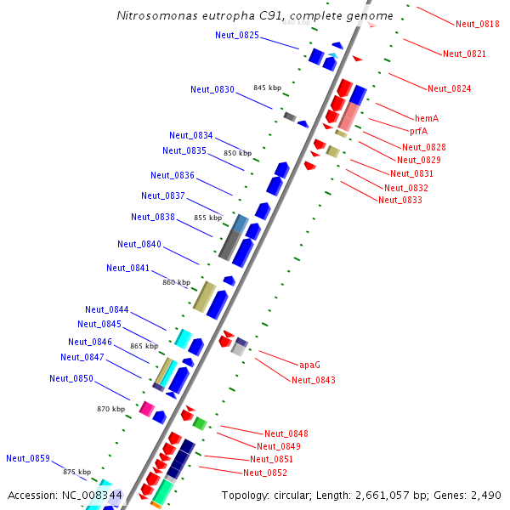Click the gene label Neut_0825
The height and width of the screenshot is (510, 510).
pyautogui.click(x=237, y=35)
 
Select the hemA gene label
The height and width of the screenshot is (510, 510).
pyautogui.click(x=427, y=118)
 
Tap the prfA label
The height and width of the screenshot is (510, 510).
pyautogui.click(x=418, y=131)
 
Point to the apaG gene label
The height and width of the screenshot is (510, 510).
pyautogui.click(x=309, y=365)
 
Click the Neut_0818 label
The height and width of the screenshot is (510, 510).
pyautogui.click(x=477, y=25)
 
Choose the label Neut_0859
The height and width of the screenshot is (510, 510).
pyautogui.click(x=28, y=458)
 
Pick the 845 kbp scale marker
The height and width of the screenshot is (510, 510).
pyautogui.click(x=266, y=88)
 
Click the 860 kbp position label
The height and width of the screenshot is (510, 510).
pyautogui.click(x=176, y=282)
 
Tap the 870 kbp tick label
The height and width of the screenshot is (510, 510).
pyautogui.click(x=110, y=409)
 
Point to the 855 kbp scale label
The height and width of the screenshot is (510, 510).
pyautogui.click(x=207, y=218)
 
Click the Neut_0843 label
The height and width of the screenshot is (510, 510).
pyautogui.click(x=314, y=380)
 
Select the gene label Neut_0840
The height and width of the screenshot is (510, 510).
pyautogui.click(x=139, y=244)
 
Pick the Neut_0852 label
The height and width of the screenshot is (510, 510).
pyautogui.click(x=265, y=473)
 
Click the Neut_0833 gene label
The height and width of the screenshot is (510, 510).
pyautogui.click(x=400, y=200)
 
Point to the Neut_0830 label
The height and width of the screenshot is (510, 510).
pyautogui.click(x=212, y=89)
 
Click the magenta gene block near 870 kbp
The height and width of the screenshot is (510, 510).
pyautogui.click(x=146, y=409)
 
